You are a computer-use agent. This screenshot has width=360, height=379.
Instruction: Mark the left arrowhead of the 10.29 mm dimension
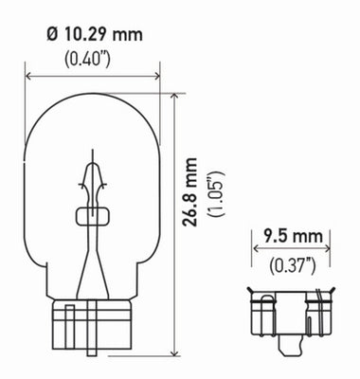coord(30,75)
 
